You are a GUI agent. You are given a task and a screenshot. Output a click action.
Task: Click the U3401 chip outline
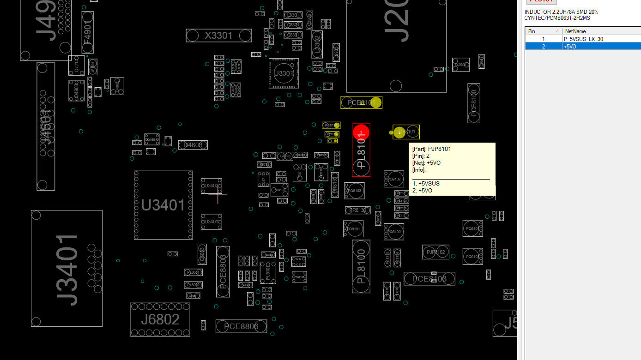coord(163,205)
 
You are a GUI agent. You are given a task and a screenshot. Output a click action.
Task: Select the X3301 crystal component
coord(218,36)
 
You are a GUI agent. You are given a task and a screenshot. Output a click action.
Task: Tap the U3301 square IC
coord(284,73)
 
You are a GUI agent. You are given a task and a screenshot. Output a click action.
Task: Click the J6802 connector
coord(160,319)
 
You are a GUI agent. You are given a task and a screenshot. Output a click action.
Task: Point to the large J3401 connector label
coord(67,269)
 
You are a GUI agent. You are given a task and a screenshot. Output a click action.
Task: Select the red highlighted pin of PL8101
coord(361,132)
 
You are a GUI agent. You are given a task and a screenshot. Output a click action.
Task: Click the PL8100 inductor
coord(361,266)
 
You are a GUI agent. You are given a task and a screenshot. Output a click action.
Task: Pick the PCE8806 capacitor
coord(241,326)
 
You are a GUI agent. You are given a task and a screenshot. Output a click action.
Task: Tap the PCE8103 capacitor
coord(429,279)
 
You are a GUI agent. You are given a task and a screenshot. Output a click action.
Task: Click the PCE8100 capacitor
coord(473,103)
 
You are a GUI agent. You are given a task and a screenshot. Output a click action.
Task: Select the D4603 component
coord(193,145)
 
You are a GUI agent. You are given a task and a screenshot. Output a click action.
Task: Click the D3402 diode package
coord(211,186)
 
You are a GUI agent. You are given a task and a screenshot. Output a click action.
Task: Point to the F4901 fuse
coord(88,32)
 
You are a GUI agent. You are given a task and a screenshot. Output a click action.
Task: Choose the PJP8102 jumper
coord(435,252)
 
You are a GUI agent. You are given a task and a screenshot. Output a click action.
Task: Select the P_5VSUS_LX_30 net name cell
coord(583,39)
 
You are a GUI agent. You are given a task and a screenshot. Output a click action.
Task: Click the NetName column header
coord(575,31)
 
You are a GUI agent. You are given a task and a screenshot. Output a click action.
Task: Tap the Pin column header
coord(532,31)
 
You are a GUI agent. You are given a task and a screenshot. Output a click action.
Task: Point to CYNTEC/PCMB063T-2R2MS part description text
coord(557,18)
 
